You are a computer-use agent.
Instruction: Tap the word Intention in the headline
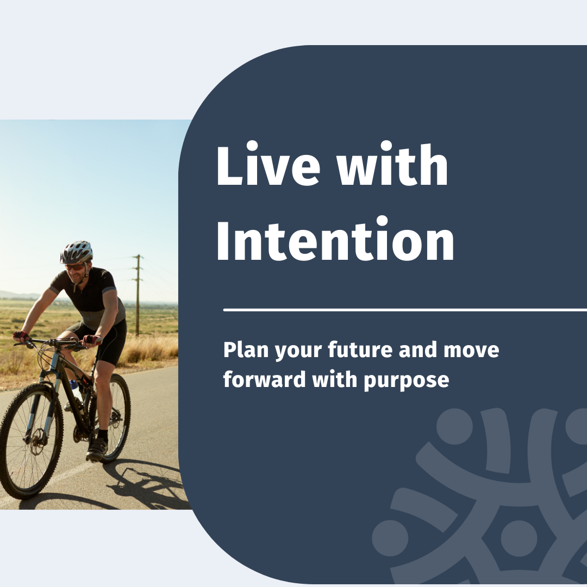335,238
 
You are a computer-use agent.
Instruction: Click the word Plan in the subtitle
246,349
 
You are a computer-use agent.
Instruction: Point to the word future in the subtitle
360,349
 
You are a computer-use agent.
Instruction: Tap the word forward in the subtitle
264,379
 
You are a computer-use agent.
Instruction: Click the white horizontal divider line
405,310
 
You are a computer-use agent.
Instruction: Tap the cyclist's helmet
77,252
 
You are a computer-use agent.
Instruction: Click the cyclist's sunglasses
75,267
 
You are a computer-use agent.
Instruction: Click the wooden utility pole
138,296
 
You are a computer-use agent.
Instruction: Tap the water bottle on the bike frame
76,389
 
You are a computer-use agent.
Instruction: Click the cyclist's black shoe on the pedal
97,449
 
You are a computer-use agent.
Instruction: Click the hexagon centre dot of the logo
519,538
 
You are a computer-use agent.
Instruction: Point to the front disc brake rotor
37,441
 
